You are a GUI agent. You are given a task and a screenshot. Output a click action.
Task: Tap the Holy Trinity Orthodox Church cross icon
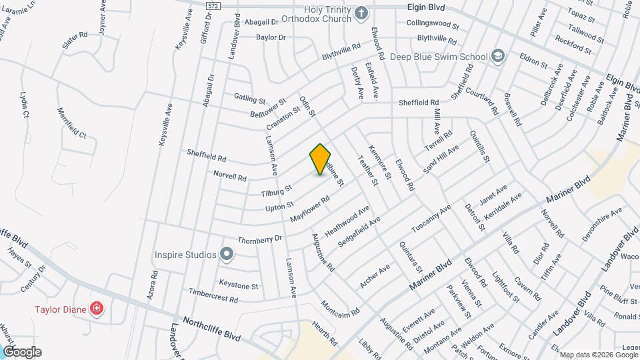click(361, 13)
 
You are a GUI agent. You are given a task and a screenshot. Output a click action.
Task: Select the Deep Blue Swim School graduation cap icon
click(497, 57)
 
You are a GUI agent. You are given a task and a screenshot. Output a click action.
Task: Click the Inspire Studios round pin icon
click(227, 254)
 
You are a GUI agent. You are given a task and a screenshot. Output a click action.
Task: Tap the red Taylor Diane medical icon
click(97, 309)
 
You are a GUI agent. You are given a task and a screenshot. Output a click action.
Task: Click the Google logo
click(22, 352)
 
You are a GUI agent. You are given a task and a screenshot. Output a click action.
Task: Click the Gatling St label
click(250, 98)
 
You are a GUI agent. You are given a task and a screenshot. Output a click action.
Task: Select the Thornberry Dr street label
click(260, 239)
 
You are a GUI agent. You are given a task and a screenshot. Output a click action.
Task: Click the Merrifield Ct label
click(72, 123)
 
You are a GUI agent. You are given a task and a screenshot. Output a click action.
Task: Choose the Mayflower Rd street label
click(311, 209)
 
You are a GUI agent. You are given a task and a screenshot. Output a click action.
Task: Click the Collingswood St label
click(433, 25)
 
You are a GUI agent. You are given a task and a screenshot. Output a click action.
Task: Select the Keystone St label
click(239, 285)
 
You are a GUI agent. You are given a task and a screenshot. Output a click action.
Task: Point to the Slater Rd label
click(75, 41)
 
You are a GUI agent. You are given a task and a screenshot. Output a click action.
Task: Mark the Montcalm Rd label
click(340, 307)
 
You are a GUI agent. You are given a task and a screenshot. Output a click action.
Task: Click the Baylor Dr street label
click(271, 37)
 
